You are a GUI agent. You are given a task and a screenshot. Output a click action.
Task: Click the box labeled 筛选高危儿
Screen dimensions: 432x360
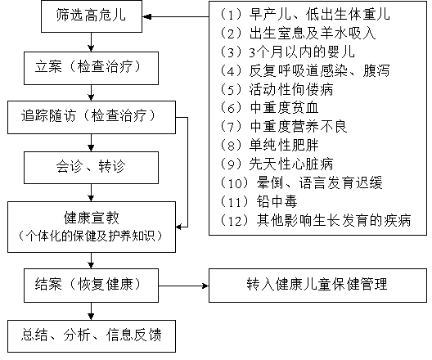pyautogui.click(x=92, y=16)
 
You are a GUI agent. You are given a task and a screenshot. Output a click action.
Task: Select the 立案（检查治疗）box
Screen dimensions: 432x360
pyautogui.click(x=91, y=68)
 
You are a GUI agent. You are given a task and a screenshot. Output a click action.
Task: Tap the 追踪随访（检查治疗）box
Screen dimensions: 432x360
pyautogui.click(x=92, y=117)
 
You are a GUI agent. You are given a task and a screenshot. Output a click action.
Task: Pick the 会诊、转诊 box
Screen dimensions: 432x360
pyautogui.click(x=91, y=168)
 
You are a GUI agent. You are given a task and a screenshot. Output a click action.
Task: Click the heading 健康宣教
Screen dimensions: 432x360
pyautogui.click(x=92, y=218)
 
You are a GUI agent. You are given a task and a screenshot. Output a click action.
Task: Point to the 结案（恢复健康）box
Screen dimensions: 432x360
pyautogui.click(x=91, y=286)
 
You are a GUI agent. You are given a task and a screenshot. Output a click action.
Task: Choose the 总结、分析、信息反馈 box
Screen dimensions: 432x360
pyautogui.click(x=92, y=336)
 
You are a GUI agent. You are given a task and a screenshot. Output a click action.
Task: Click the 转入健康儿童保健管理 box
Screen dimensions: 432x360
pyautogui.click(x=317, y=286)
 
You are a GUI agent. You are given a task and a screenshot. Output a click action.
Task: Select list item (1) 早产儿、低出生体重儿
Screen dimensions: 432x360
pyautogui.click(x=304, y=15)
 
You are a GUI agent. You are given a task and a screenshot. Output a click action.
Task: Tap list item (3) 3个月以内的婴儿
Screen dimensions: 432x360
pyautogui.click(x=287, y=52)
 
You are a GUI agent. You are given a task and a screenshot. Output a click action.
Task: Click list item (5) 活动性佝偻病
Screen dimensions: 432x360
pyautogui.click(x=276, y=89)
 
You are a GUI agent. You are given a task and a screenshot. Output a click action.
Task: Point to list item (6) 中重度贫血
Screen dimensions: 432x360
pyautogui.click(x=269, y=108)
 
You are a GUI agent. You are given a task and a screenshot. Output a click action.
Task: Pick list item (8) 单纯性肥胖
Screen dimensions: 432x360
pyautogui.click(x=269, y=145)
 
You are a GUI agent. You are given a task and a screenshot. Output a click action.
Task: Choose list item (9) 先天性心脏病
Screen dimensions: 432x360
pyautogui.click(x=276, y=164)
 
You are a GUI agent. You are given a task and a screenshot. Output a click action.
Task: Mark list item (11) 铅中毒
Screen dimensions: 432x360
pyautogui.click(x=259, y=201)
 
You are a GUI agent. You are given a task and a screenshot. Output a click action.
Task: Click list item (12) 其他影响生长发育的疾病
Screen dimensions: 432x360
pyautogui.click(x=315, y=220)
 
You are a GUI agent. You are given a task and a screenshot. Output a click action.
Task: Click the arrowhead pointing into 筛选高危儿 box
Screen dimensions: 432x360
pyautogui.click(x=146, y=16)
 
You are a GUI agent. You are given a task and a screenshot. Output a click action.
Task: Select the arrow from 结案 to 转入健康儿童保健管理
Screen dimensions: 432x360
pyautogui.click(x=184, y=286)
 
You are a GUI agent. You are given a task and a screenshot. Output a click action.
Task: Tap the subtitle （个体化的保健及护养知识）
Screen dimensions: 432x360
pyautogui.click(x=91, y=236)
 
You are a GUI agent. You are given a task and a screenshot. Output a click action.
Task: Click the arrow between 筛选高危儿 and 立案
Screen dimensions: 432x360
pyautogui.click(x=91, y=43)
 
